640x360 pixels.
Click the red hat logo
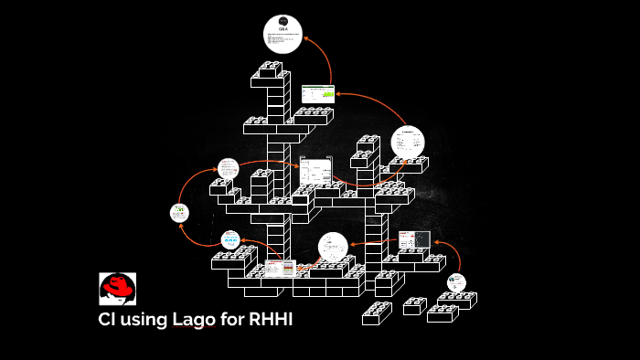pos(117,289)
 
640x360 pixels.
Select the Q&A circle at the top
pos(283,34)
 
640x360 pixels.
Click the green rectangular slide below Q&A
pos(318,92)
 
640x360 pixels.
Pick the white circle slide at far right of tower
pos(408,143)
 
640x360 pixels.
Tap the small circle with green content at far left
pos(179,213)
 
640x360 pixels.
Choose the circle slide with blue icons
pos(230,239)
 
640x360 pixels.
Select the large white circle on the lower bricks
pos(333,247)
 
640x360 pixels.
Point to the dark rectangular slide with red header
pos(413,240)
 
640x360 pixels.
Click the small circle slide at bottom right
pos(455,283)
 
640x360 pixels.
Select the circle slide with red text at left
pos(228,168)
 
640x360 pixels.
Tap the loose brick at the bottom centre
pos(377,313)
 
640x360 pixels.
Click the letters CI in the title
pos(109,321)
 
